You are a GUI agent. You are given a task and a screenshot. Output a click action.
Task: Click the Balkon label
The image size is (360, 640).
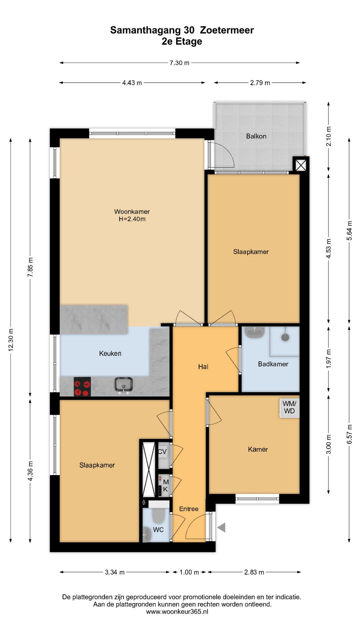tap(256, 136)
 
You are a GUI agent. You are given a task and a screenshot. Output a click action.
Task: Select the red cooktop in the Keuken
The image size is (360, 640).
tap(82, 387)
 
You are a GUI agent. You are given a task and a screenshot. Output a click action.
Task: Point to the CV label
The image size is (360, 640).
tap(162, 452)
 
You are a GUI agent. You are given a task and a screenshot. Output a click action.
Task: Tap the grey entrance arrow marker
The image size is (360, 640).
tap(221, 527)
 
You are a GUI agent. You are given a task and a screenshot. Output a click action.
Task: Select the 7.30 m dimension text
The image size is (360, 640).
tap(179, 63)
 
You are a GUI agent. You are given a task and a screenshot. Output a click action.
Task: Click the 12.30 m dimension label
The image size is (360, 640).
tap(11, 340)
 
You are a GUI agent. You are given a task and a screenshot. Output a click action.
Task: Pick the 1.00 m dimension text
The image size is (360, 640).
tap(189, 572)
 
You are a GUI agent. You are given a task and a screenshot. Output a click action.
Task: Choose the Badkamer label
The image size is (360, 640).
tap(273, 364)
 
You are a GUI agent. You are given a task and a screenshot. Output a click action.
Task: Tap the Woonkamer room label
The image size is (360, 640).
tap(132, 211)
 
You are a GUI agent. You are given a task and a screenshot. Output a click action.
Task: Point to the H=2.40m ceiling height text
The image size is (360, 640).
tap(132, 219)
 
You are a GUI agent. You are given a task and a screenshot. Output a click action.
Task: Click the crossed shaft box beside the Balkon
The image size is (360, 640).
tap(301, 165)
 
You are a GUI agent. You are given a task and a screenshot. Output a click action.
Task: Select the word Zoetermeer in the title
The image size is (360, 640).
tap(227, 30)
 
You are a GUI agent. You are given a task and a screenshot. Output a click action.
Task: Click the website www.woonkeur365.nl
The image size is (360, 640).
tap(177, 611)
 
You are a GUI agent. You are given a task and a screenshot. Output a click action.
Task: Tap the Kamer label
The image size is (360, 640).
tap(258, 449)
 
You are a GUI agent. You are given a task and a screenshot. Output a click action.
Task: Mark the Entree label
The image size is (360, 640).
tap(189, 509)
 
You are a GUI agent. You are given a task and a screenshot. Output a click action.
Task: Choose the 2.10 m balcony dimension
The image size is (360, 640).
tap(329, 136)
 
